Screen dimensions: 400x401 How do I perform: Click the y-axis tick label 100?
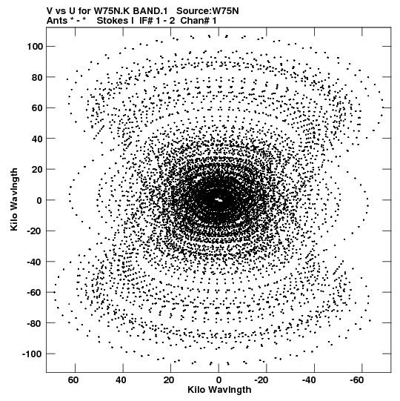coord(35,47)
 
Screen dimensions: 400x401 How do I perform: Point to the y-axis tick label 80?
coord(37,77)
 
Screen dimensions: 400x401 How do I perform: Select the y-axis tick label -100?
coord(33,354)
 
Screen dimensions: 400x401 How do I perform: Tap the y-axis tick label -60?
coord(35,292)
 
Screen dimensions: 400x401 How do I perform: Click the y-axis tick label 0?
coord(39,200)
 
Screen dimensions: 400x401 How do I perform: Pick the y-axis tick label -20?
coord(35,231)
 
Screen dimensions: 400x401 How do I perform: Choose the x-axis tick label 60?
coord(73,380)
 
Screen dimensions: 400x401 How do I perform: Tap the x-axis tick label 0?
coord(219,380)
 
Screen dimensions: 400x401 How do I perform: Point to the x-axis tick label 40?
coord(121,380)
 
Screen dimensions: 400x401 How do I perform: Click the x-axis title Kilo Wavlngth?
coord(219,390)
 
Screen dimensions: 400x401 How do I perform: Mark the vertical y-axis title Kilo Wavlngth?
coord(14,199)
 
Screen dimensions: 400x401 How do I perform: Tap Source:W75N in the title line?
coord(207,11)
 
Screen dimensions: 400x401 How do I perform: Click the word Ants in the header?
coord(56,20)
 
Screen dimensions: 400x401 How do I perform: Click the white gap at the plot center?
coord(219,199)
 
